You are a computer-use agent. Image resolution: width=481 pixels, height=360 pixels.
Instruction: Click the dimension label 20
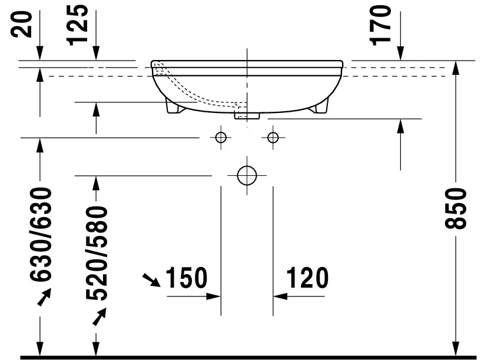pos(21,24)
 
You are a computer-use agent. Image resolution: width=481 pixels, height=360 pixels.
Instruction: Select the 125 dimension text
pos(77,25)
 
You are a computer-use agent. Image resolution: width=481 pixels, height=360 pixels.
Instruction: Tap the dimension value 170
pos(380,26)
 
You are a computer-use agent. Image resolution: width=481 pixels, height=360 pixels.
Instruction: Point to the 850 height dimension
pos(455,209)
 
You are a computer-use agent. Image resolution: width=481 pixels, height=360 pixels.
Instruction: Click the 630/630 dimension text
pos(41,234)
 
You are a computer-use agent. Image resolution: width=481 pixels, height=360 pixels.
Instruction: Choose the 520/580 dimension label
pos(97,254)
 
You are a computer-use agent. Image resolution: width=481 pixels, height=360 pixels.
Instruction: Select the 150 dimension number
pos(187,278)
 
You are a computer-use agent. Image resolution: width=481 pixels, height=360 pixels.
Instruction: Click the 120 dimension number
pos(307,278)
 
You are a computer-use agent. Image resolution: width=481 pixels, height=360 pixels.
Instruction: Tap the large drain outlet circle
pos(247,175)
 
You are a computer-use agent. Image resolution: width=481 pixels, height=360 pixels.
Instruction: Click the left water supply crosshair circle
pos(221,138)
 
